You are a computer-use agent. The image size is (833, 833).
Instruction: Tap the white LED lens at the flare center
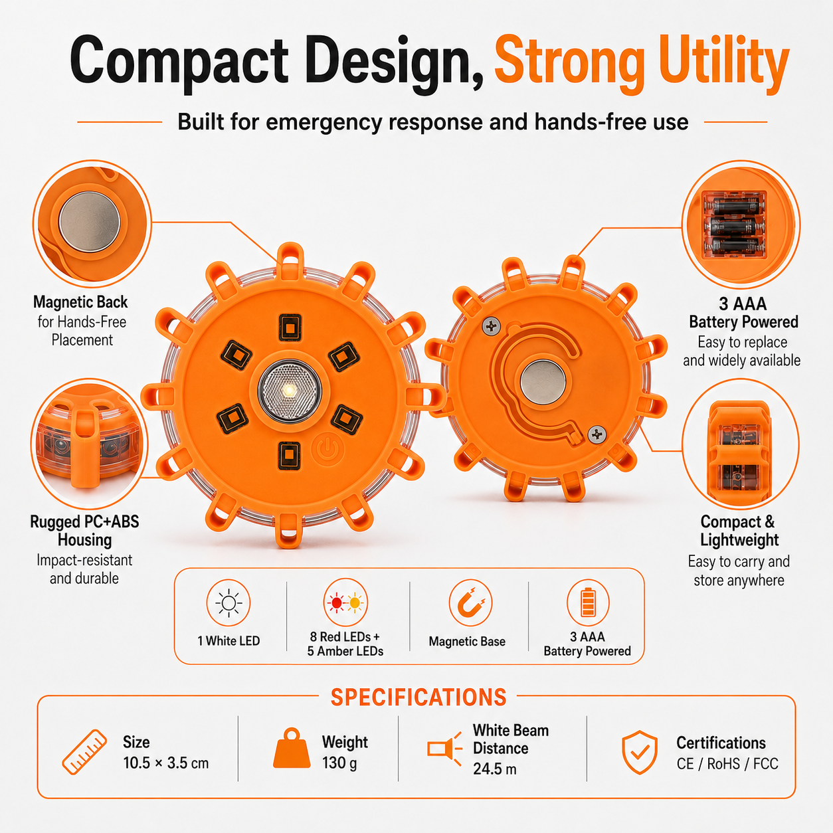[x=290, y=391]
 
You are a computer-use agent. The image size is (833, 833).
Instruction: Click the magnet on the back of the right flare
[x=543, y=382]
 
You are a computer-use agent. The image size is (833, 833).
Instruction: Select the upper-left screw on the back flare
[x=492, y=326]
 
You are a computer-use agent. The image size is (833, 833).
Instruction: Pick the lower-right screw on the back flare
[x=597, y=434]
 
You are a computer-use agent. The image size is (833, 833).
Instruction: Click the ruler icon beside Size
[x=84, y=752]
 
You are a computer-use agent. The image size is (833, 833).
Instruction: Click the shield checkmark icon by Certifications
[x=639, y=753]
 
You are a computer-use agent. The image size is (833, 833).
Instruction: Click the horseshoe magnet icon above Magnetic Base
[x=470, y=602]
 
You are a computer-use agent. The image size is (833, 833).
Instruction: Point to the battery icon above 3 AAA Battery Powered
[x=588, y=602]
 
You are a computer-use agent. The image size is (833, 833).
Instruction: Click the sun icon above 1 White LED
[x=229, y=602]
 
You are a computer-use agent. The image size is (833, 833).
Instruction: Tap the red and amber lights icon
[x=345, y=602]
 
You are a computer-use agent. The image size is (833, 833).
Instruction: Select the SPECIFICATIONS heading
[x=418, y=697]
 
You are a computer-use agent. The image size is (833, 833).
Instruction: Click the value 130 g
[x=339, y=763]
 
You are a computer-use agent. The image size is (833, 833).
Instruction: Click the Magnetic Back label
[x=80, y=302]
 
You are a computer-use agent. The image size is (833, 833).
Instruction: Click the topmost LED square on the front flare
[x=290, y=327]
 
